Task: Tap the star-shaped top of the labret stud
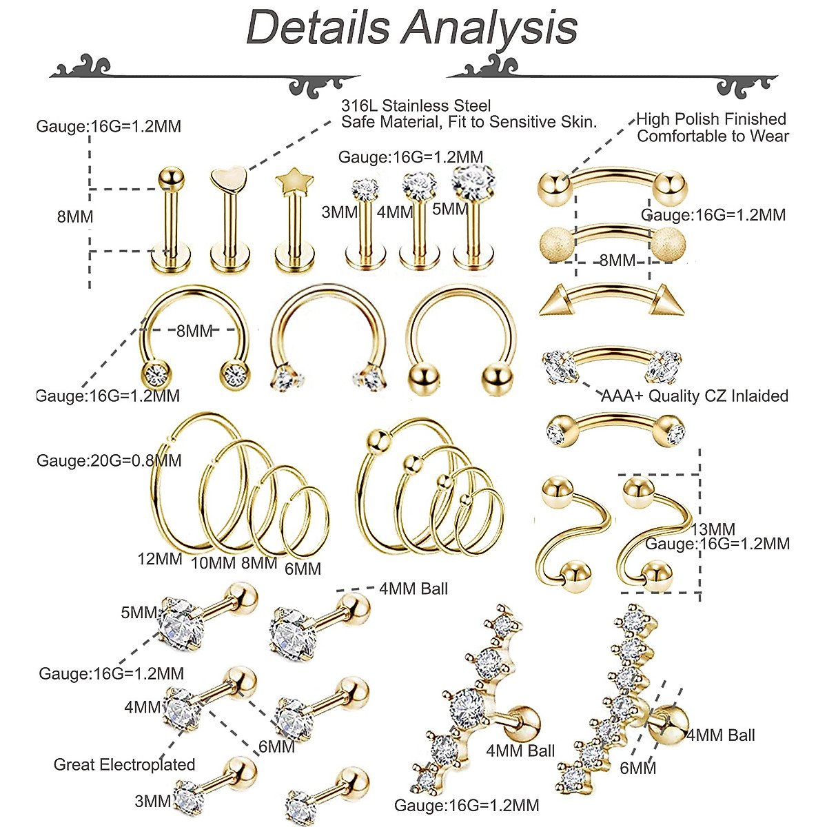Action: [x=294, y=181]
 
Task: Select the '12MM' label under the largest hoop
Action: [x=160, y=559]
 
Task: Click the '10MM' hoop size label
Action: [x=213, y=562]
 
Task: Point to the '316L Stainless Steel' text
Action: [x=416, y=105]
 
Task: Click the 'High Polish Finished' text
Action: [x=711, y=119]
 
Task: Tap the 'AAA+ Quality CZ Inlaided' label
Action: [x=695, y=396]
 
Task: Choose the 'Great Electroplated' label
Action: [x=125, y=764]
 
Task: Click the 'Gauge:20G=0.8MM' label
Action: [x=109, y=460]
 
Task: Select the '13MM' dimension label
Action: [x=713, y=529]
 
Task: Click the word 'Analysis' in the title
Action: [x=489, y=28]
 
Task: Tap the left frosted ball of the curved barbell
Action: [x=556, y=243]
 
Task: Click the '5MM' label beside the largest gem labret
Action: [x=450, y=209]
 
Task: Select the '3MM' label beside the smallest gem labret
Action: [x=340, y=212]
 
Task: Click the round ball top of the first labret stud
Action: [x=171, y=178]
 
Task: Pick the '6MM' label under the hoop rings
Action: [x=303, y=569]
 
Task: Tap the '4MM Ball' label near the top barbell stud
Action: [x=413, y=589]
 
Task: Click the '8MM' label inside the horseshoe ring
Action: [x=194, y=331]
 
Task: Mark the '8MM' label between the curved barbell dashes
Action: [x=617, y=260]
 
